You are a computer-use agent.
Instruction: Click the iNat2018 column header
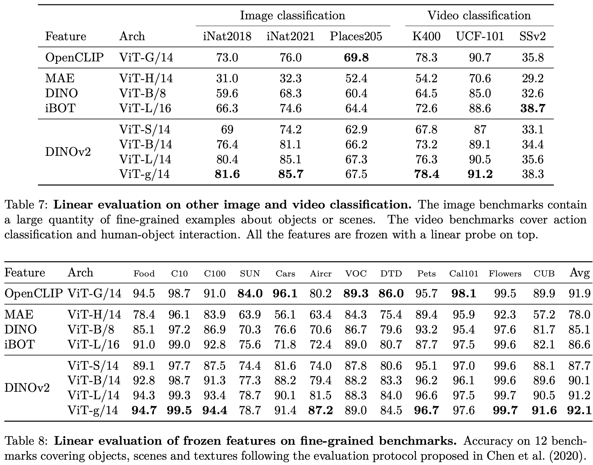click(x=227, y=36)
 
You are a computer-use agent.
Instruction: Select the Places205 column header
click(x=356, y=36)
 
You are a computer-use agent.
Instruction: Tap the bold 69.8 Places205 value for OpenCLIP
click(x=356, y=58)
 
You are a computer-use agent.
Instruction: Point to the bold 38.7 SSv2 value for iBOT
click(x=533, y=108)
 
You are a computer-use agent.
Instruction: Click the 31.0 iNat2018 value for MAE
click(x=227, y=78)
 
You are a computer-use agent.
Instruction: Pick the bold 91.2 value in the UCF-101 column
click(x=480, y=174)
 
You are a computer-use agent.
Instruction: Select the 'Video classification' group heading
click(x=479, y=16)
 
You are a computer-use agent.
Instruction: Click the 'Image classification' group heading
click(x=292, y=16)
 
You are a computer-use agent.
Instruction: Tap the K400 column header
click(x=426, y=36)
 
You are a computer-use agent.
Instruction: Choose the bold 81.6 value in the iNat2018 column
click(x=227, y=174)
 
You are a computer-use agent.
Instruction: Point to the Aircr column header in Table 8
click(x=320, y=274)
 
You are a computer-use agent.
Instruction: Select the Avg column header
click(x=580, y=273)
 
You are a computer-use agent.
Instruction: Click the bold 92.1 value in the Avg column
click(x=579, y=410)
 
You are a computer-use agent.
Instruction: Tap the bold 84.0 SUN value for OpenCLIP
click(x=250, y=293)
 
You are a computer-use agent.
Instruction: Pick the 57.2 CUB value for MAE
click(x=544, y=314)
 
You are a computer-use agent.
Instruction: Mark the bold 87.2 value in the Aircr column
click(x=320, y=410)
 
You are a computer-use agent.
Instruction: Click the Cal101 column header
click(x=463, y=274)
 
